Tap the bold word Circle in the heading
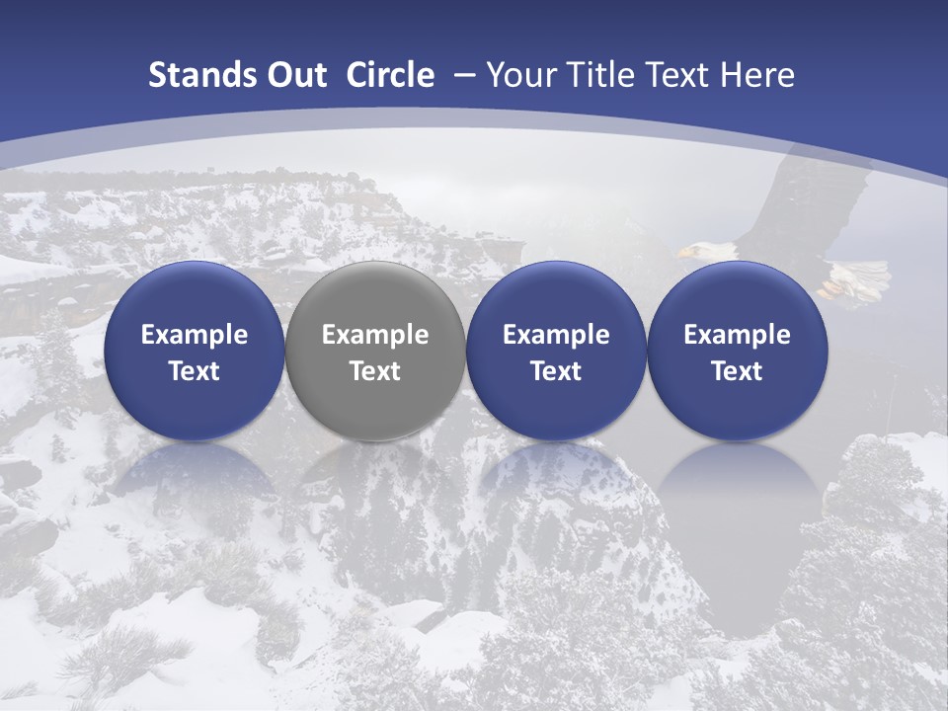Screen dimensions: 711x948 tap(390, 75)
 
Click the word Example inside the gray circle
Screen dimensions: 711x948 tap(375, 335)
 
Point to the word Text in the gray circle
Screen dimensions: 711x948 tap(375, 371)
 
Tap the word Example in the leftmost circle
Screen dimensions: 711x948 tap(195, 335)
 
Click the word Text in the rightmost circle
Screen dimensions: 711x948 tap(738, 371)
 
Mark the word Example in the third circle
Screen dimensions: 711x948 tap(556, 335)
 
